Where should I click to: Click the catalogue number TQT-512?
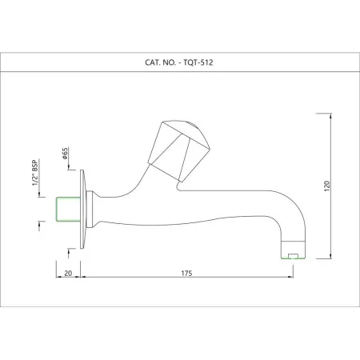click(x=198, y=62)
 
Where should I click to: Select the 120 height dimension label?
click(x=327, y=186)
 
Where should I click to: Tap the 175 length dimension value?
click(x=186, y=274)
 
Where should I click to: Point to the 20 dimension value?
click(x=68, y=274)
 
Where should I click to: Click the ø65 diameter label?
click(x=65, y=154)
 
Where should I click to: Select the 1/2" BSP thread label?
click(x=35, y=173)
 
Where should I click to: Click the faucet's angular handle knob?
click(x=178, y=150)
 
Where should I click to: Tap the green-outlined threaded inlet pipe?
click(x=68, y=210)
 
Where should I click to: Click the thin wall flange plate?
click(x=82, y=210)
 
